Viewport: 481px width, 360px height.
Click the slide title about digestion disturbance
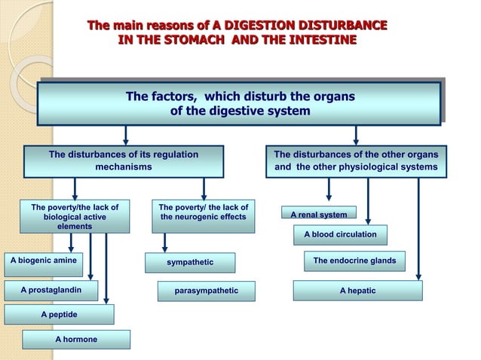237,33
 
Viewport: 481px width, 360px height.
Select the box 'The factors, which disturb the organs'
240,104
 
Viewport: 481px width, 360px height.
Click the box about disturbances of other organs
356,160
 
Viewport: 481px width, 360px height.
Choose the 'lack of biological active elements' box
74,216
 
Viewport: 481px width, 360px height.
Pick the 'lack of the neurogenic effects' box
203,212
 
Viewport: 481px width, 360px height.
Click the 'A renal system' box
319,215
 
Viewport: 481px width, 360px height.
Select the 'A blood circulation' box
340,235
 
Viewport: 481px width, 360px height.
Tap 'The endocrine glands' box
354,261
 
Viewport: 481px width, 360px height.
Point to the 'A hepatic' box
357,291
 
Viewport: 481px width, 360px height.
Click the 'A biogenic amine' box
43,261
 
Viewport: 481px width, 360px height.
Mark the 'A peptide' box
59,314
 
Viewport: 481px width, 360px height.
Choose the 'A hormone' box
76,340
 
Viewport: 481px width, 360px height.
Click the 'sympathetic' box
190,262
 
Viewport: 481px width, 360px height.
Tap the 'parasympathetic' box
206,291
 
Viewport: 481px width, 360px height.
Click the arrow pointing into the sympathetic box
165,242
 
